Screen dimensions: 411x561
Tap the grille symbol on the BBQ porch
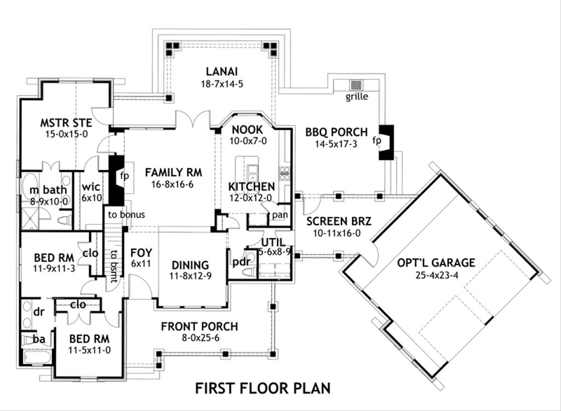point(357,86)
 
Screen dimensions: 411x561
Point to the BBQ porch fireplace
point(387,142)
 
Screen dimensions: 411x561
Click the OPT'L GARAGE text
point(436,263)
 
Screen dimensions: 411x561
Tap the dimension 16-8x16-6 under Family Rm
point(173,184)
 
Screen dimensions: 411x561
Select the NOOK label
point(248,130)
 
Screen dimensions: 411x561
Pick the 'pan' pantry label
point(279,215)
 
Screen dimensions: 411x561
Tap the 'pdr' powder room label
point(241,261)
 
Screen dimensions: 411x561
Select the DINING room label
point(190,265)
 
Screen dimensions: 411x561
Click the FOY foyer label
point(141,253)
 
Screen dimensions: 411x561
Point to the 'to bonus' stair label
point(126,215)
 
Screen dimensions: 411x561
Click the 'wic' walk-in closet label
point(91,186)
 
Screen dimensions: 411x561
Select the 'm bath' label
point(49,190)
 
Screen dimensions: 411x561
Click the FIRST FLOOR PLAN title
point(263,389)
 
